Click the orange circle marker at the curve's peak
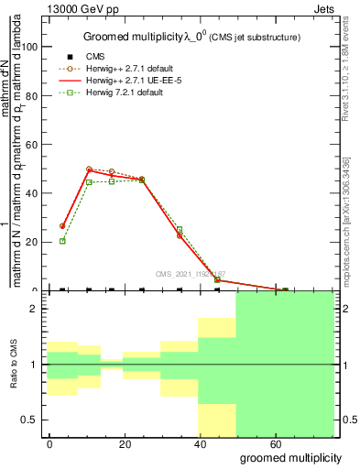(x=89, y=169)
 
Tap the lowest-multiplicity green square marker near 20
(x=62, y=241)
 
